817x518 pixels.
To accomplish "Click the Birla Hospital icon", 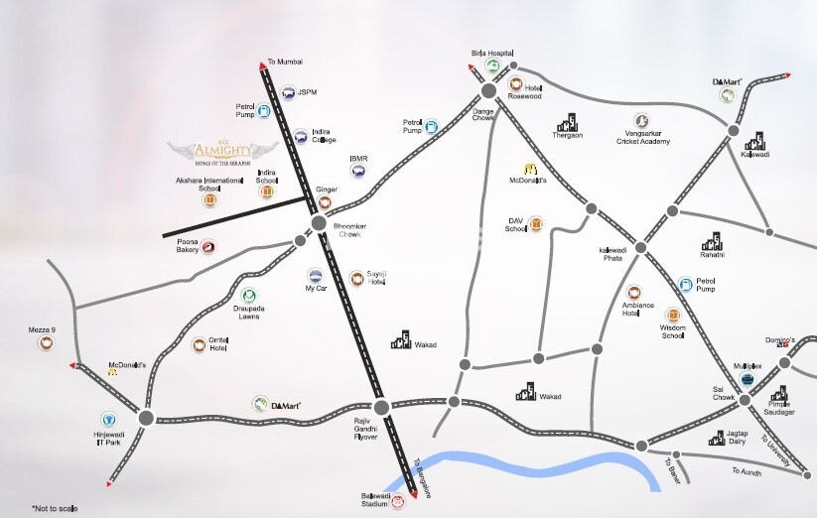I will point(492,66).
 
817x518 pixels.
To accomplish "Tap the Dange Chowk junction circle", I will point(487,90).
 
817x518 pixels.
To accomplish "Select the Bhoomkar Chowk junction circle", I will point(319,224).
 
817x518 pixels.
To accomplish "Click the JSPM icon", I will point(286,94).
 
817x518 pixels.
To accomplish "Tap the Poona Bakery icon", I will point(209,247).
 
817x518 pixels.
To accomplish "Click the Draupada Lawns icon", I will point(249,296).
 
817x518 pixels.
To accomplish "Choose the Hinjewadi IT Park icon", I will point(109,420).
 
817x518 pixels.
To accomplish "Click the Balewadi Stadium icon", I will point(398,502).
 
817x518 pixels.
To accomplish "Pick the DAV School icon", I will point(536,224).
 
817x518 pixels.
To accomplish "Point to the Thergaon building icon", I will point(568,122).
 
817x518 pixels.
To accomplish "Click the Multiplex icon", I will point(748,379).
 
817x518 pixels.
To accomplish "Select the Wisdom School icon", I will point(673,315).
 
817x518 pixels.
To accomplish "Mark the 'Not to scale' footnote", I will point(54,508).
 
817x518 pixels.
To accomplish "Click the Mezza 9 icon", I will point(46,343).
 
